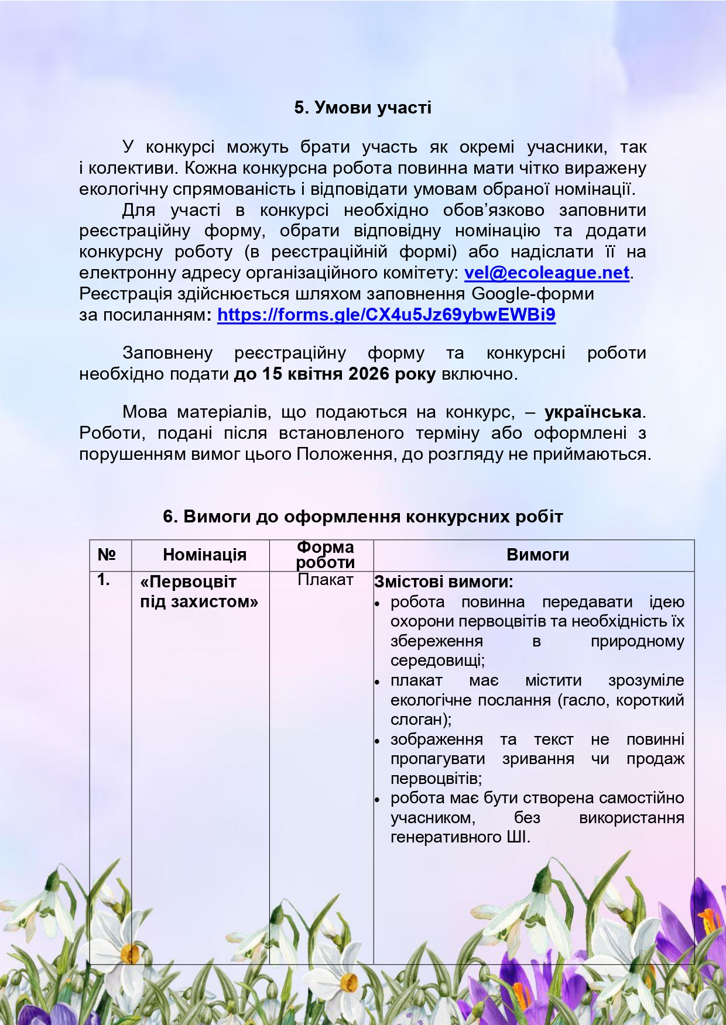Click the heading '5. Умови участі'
(x=363, y=108)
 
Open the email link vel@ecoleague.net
(x=547, y=273)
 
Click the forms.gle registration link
(x=386, y=315)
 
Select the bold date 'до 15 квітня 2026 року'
(x=335, y=374)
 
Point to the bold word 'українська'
(x=593, y=412)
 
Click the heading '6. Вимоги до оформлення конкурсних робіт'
(x=363, y=517)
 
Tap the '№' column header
(x=107, y=555)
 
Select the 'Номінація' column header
(x=204, y=555)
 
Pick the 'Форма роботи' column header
(x=325, y=555)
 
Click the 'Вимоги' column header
(x=537, y=555)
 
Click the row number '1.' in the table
(x=104, y=580)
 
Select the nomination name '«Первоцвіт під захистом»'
(x=198, y=591)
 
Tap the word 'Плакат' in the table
(x=325, y=580)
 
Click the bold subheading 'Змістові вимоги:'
(x=443, y=582)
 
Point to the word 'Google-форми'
(x=533, y=294)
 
